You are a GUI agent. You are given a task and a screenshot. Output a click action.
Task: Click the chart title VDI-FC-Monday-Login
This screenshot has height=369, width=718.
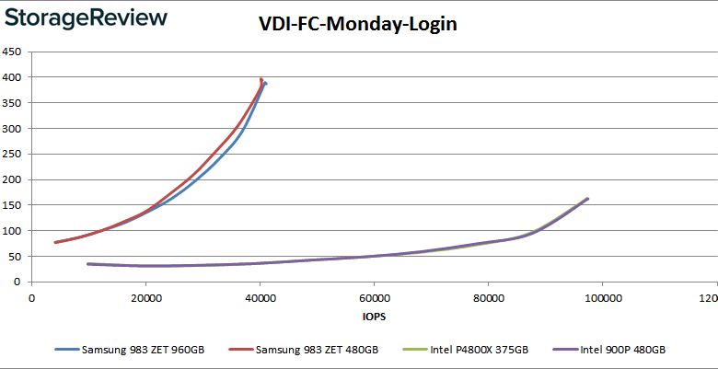[x=358, y=25]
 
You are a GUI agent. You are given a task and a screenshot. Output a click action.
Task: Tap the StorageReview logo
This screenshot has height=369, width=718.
[x=85, y=17]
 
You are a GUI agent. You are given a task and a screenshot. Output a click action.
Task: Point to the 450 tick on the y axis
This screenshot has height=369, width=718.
[x=13, y=52]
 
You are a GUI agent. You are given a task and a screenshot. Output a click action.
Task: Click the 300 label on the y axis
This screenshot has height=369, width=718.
[x=13, y=128]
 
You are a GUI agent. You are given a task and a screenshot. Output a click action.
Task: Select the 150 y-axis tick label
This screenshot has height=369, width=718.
[x=13, y=205]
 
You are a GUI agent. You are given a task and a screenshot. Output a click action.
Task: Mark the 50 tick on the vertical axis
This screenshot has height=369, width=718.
[x=16, y=256]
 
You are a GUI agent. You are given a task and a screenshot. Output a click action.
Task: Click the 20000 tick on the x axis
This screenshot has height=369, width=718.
[x=145, y=298]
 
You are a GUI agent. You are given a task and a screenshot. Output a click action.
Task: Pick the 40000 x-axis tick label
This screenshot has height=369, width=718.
[x=260, y=298]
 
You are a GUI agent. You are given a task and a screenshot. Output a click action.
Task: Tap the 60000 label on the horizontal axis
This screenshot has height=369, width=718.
[x=374, y=298]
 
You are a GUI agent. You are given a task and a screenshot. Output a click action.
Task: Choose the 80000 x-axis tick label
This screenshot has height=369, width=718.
[x=488, y=298]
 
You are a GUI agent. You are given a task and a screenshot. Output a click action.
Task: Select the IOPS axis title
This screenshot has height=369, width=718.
[x=375, y=318]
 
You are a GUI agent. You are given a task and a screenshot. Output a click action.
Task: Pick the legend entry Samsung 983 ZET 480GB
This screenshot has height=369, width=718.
[x=308, y=350]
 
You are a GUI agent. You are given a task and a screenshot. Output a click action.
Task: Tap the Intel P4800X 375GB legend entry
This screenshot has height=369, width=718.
[x=470, y=350]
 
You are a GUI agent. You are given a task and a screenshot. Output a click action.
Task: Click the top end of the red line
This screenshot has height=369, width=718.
[x=261, y=79]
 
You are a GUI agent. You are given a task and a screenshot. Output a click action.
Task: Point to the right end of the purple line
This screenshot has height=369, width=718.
[x=587, y=199]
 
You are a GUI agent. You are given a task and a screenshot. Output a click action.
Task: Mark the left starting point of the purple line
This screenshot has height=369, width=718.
[x=87, y=264]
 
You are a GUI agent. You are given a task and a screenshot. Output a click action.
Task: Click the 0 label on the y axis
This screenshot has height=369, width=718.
[x=19, y=282]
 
